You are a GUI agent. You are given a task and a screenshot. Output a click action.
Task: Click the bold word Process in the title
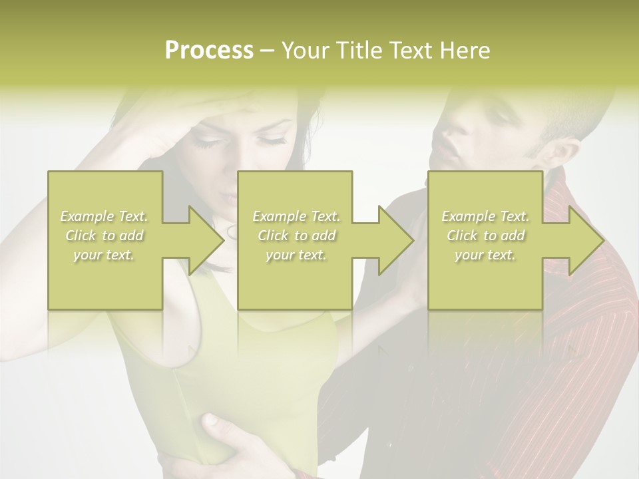pyautogui.click(x=209, y=51)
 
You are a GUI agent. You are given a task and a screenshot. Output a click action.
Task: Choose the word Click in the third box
pyautogui.click(x=462, y=236)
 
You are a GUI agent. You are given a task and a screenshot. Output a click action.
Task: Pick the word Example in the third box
pyautogui.click(x=469, y=216)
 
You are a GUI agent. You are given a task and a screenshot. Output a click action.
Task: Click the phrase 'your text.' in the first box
pyautogui.click(x=104, y=255)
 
